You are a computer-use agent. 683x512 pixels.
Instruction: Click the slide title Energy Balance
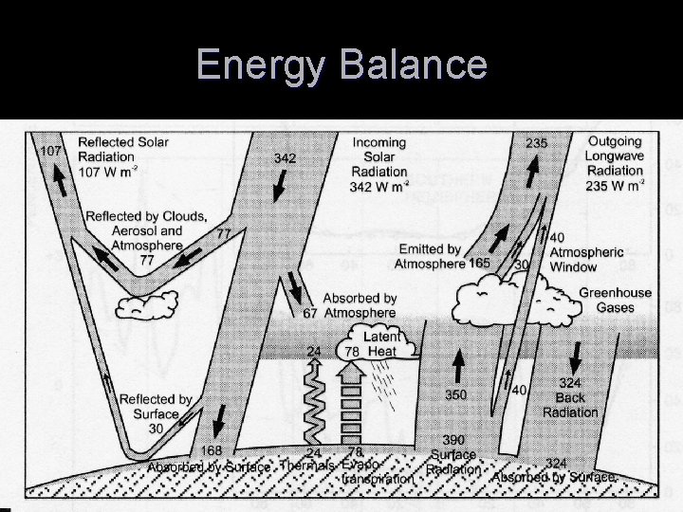341,65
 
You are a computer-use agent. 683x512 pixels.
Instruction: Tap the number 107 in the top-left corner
47,150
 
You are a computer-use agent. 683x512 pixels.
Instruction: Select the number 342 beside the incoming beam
285,157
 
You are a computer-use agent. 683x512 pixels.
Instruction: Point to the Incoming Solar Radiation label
378,163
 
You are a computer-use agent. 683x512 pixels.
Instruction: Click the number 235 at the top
536,143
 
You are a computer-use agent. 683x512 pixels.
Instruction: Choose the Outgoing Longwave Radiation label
615,163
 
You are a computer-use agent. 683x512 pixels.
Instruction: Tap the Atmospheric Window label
586,259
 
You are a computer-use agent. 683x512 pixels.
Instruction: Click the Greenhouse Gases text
615,300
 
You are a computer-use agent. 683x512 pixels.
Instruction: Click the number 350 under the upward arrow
456,395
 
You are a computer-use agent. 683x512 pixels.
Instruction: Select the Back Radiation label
571,405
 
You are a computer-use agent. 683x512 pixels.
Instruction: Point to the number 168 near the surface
212,449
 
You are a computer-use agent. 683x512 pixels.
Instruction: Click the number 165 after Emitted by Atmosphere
479,263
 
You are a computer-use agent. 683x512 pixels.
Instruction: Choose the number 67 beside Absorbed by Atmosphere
309,313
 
